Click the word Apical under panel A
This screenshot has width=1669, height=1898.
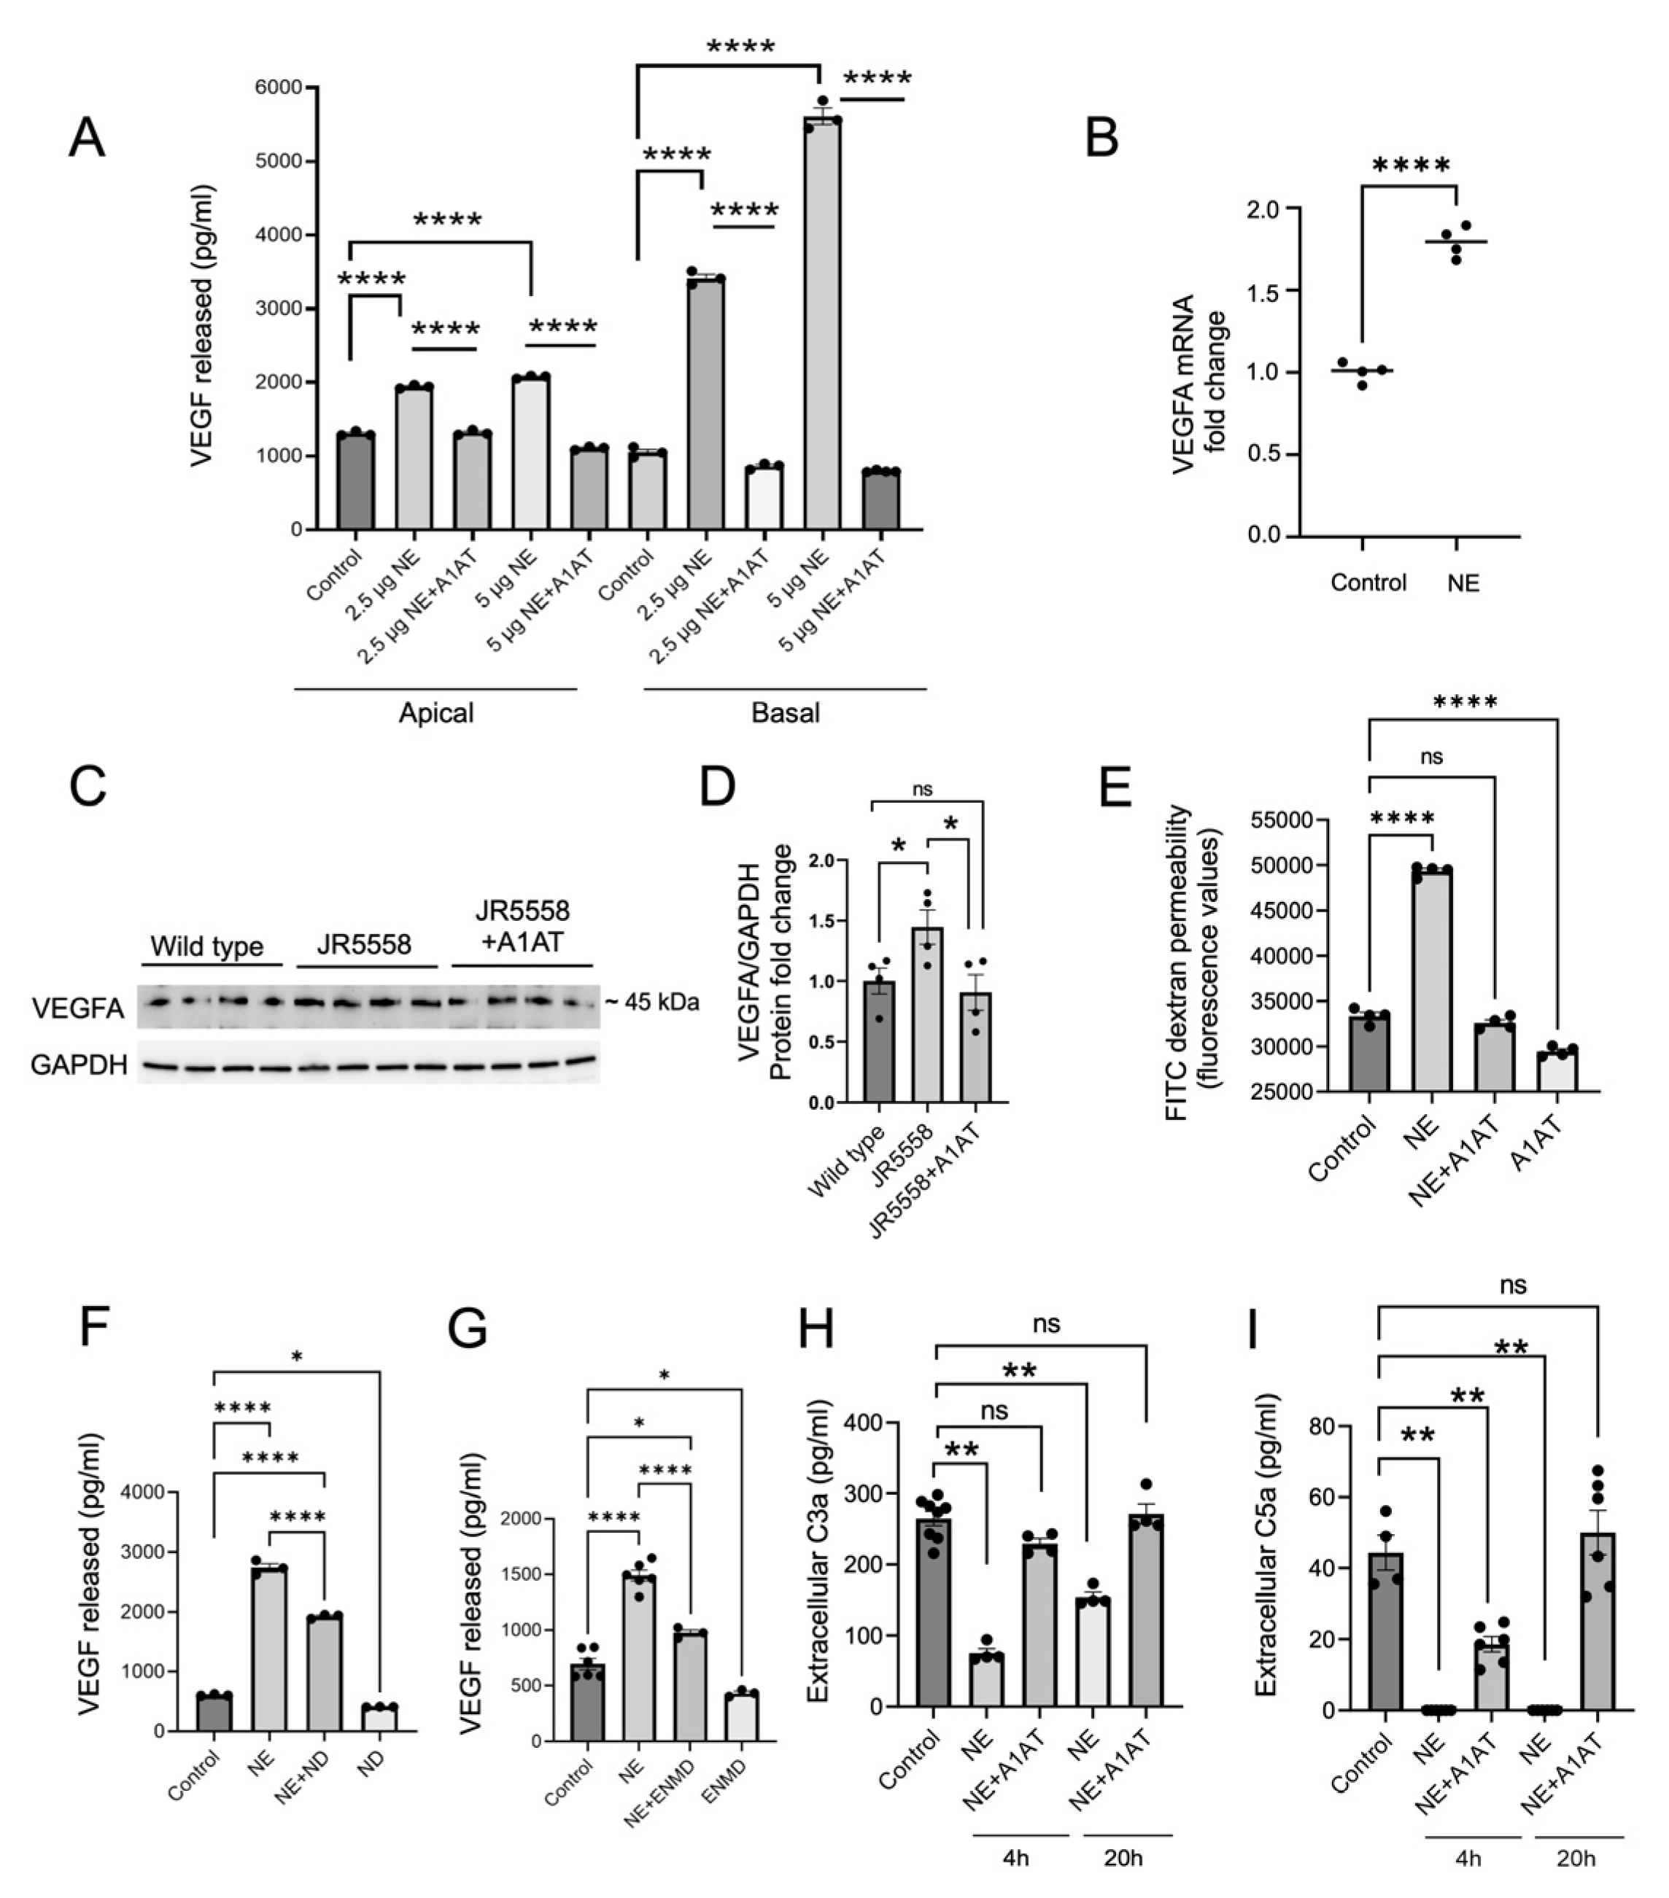tap(435, 713)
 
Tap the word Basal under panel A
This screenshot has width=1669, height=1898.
tap(785, 713)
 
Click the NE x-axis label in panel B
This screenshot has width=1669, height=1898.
tap(1463, 583)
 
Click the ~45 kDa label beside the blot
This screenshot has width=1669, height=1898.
tap(652, 1002)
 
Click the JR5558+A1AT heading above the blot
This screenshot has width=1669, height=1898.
tap(522, 926)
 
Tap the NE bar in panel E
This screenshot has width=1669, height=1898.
tap(1431, 980)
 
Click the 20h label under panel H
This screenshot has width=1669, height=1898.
tap(1123, 1858)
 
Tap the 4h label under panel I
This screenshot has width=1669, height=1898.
tap(1468, 1858)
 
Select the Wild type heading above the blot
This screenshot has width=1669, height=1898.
tap(207, 946)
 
